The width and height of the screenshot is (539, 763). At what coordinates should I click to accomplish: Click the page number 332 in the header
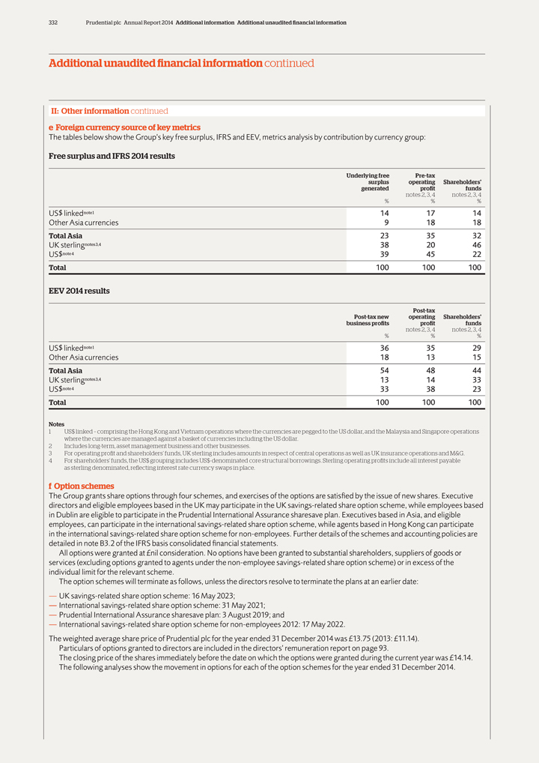pos(53,22)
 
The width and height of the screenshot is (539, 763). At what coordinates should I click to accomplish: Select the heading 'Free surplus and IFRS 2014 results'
pos(112,156)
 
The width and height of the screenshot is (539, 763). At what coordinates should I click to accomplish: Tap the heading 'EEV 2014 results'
pos(79,290)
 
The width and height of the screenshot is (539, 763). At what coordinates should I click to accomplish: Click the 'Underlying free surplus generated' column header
pos(368,182)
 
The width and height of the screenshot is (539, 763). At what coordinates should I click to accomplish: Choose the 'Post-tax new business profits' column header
pos(367,319)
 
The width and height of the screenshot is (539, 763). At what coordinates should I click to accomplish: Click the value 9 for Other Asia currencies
pos(386,223)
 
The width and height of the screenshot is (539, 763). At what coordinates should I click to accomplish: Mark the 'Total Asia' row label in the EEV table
pos(65,370)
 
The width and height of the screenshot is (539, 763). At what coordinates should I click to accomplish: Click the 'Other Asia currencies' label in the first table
pos(83,223)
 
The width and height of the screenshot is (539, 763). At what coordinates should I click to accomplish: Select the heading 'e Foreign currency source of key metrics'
pos(124,127)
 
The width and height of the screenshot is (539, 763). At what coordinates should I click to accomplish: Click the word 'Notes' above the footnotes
pos(56,424)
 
